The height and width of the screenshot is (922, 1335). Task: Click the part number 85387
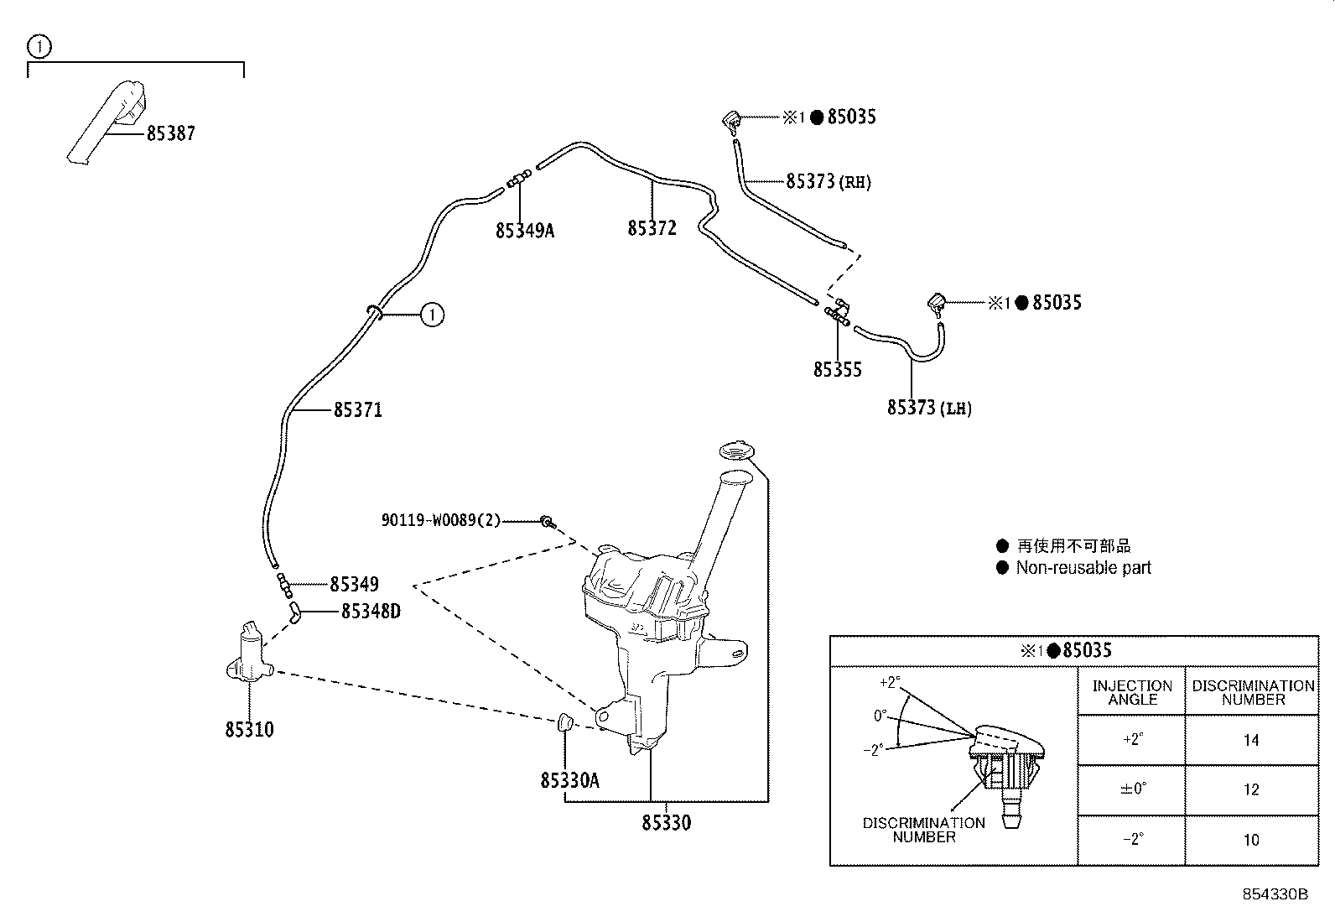coord(171,133)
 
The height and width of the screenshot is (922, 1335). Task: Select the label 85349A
coord(525,230)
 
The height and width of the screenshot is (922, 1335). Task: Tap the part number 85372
coord(652,228)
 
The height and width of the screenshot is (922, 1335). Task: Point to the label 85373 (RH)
coord(829,181)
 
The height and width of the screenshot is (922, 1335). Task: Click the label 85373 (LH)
coord(929,408)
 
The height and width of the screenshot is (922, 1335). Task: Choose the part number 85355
coord(837,370)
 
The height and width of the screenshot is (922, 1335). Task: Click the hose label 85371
coord(358,410)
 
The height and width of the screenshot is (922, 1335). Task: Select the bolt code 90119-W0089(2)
coord(440,520)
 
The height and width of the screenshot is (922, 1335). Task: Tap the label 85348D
coord(371,611)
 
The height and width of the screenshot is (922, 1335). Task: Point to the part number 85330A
coord(569,780)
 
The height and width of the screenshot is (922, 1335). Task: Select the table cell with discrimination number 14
coord(1251,740)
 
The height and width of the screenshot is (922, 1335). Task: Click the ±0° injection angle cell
coord(1132,789)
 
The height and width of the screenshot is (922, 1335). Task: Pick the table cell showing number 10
coord(1251,840)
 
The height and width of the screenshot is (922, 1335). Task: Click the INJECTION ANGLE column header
coord(1132,692)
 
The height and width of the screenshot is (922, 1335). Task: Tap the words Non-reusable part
coord(1083,568)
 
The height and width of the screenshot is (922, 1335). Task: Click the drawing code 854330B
coord(1275,894)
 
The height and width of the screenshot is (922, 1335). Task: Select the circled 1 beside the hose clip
coord(431,315)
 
